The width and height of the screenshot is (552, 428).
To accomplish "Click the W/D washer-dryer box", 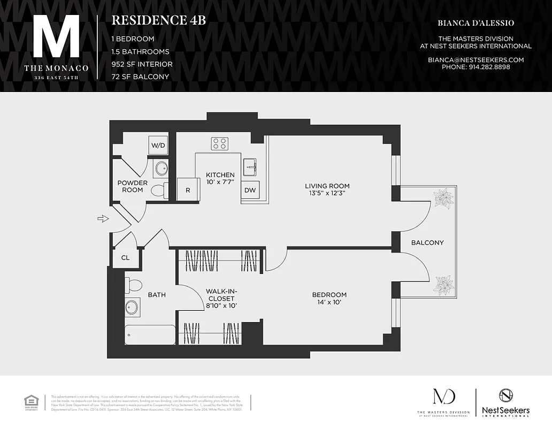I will (x=158, y=145).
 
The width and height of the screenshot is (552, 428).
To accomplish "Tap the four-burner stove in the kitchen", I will (x=219, y=143).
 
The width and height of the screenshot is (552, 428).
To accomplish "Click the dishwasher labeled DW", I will (x=250, y=190).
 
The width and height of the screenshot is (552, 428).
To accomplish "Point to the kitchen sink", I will (x=250, y=167).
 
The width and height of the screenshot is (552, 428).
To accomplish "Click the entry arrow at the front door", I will (x=103, y=218).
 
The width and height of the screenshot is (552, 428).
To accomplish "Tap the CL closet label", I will (x=125, y=258).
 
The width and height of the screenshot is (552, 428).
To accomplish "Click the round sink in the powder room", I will (x=160, y=169).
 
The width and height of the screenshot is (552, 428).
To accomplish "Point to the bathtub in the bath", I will (x=150, y=335).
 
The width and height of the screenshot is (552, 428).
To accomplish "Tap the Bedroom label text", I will (x=329, y=295).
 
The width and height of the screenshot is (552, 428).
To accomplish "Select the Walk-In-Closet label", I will (x=220, y=299).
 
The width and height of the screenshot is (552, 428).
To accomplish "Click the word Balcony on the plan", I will (x=427, y=242).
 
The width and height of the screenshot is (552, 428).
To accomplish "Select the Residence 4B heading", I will (x=158, y=20).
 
